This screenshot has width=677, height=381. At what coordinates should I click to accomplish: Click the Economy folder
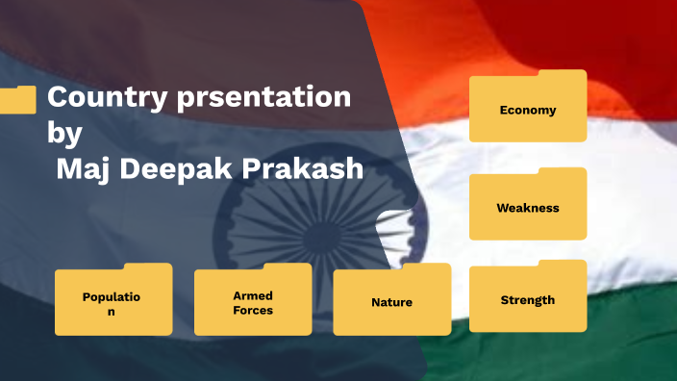[528, 107]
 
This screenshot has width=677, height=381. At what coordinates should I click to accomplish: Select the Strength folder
[528, 297]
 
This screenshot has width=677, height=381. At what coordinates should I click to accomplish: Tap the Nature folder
[391, 300]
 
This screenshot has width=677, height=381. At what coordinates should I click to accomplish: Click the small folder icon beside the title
[18, 99]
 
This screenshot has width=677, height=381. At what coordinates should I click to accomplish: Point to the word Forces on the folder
[253, 311]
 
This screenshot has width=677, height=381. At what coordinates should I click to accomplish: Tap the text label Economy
[528, 110]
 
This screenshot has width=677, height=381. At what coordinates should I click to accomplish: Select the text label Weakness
[528, 208]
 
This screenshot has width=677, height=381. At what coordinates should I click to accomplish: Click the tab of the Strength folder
[562, 265]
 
